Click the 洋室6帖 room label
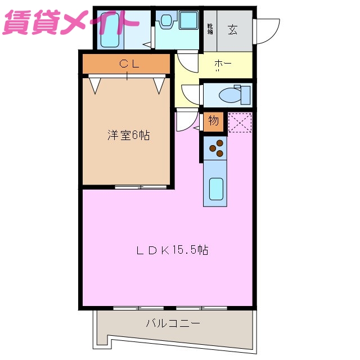point(129,136)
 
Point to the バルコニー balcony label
point(173,323)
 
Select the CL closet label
point(129,64)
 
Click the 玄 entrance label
point(232,30)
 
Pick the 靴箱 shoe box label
point(210,29)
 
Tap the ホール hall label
point(223,65)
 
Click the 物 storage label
point(213,120)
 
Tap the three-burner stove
point(215,148)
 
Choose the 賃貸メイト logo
point(70,21)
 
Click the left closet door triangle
point(95,84)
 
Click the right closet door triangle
point(159,84)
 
